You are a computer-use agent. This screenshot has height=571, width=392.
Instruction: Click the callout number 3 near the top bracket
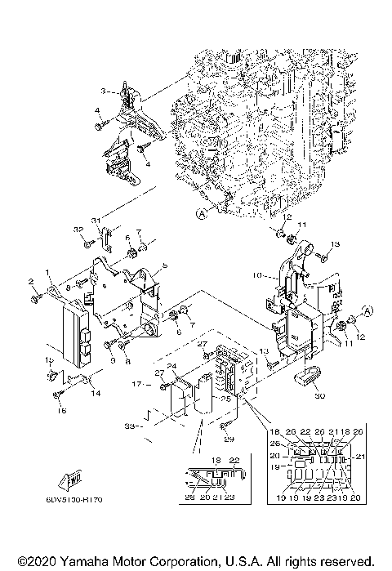point(103,90)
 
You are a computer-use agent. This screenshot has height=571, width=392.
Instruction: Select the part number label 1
point(48,271)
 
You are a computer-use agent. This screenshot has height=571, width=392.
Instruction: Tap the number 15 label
point(48,359)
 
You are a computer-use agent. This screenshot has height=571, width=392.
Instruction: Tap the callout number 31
point(96,221)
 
